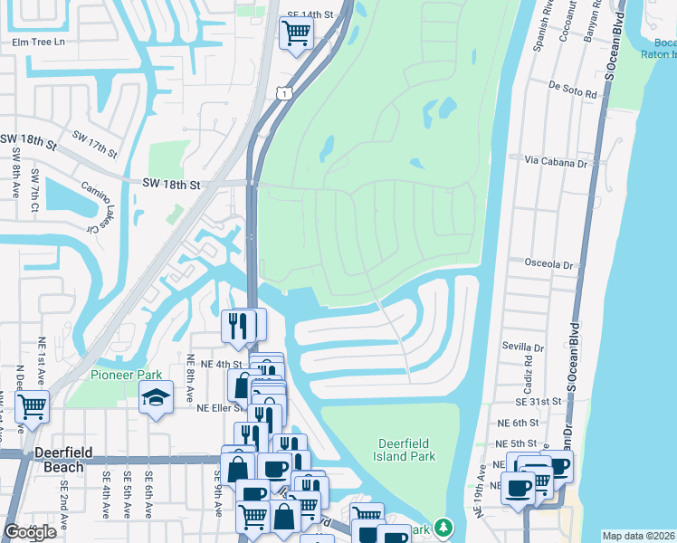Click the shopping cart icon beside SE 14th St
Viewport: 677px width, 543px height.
(296, 34)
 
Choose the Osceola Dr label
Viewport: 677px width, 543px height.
(550, 264)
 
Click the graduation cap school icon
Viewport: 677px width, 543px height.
(156, 397)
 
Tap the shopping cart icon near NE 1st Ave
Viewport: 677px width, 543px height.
(32, 406)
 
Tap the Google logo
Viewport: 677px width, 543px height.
(31, 532)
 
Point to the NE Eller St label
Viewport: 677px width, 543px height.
(222, 408)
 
